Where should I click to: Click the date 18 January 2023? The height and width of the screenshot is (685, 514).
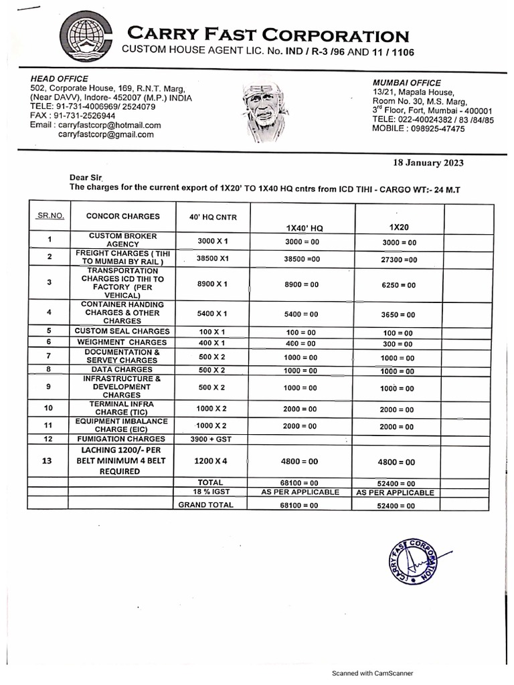pos(427,163)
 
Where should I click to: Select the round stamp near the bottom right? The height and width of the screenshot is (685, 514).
pos(412,563)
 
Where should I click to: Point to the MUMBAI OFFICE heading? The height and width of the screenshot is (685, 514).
pos(407,82)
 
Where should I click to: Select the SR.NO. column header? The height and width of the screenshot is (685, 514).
pos(50,216)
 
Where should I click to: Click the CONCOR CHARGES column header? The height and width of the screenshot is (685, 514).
pos(122,216)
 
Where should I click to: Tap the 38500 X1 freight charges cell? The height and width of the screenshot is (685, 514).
pos(212,258)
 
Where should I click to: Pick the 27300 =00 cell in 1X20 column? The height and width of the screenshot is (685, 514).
pos(399,259)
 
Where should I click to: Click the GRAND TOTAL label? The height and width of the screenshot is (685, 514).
pos(205,505)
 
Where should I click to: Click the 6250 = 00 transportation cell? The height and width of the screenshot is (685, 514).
pos(399,285)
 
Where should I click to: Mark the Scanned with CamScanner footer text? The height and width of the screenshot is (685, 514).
pos(373,673)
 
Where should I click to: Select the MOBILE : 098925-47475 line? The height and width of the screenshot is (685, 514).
pos(418,129)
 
